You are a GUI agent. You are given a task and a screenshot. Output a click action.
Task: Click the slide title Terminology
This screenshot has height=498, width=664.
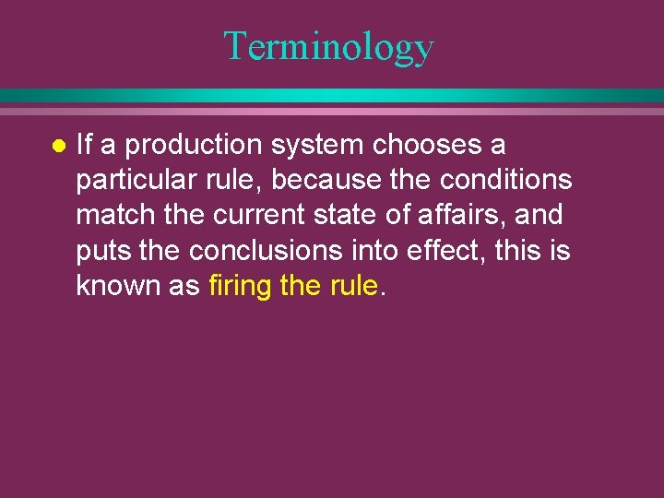click(328, 46)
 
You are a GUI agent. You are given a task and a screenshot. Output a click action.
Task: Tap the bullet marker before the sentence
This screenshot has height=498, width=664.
click(58, 146)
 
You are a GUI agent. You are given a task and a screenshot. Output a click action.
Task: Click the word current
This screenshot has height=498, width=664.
click(251, 215)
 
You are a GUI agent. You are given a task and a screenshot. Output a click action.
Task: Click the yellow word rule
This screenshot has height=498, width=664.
click(352, 286)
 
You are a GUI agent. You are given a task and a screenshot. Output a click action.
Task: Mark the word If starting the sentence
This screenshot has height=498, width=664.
click(83, 145)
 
